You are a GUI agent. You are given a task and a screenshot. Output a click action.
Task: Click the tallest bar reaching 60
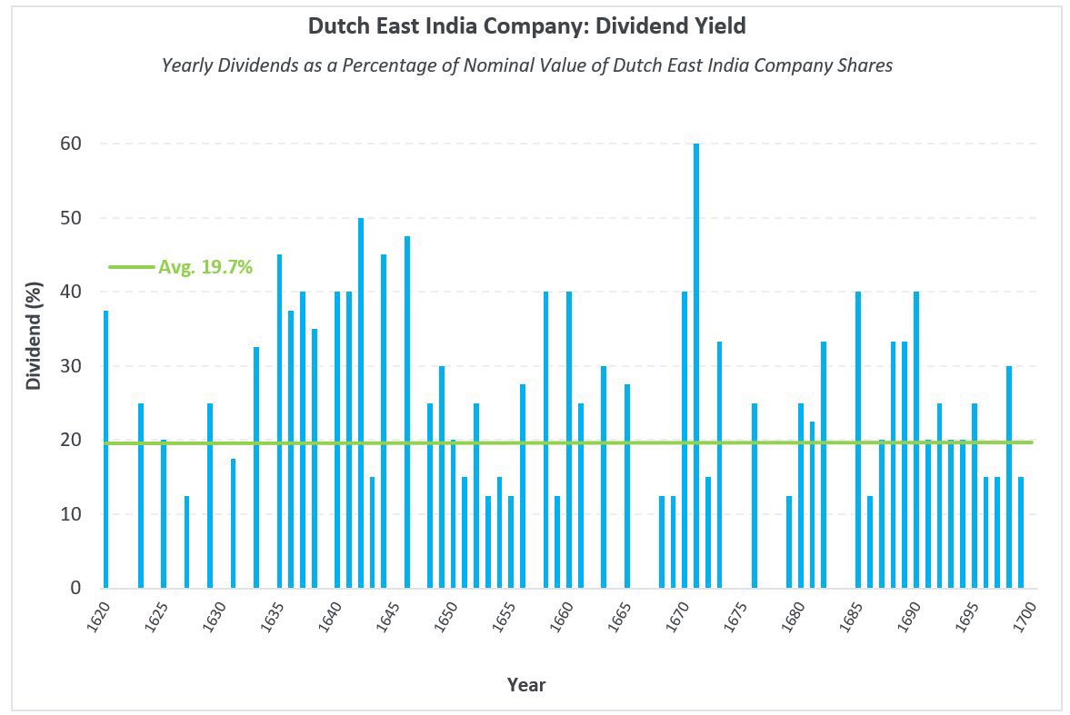point(696,363)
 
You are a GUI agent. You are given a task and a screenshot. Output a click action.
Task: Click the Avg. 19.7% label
point(205,267)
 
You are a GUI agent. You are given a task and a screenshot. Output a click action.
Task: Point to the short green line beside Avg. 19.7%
point(131,267)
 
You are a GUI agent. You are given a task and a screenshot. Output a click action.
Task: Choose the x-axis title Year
point(526,684)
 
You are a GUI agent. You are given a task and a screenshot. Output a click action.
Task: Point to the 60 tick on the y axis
point(72,144)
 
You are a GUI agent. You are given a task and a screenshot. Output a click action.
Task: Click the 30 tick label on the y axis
point(72,366)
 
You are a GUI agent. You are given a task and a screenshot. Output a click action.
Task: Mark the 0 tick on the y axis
point(76,588)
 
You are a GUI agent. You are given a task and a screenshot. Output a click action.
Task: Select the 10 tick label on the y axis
point(72,514)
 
